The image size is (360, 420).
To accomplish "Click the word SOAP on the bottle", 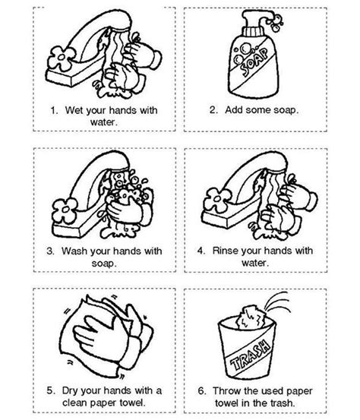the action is click(254, 62).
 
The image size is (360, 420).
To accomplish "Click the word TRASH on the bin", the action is click(251, 355).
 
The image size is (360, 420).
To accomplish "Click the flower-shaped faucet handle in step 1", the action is click(62, 58).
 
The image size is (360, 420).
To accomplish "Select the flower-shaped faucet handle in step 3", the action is click(65, 210).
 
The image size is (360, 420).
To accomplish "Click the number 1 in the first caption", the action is click(54, 110).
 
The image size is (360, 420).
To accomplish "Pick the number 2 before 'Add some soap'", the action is click(213, 110).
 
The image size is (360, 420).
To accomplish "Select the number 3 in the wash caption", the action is click(50, 251).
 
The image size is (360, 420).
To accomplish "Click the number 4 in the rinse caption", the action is click(201, 251).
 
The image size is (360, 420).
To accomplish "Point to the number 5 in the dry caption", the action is click(51, 390).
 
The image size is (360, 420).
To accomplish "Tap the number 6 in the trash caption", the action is click(202, 391).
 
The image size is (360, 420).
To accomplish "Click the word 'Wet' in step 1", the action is click(74, 110).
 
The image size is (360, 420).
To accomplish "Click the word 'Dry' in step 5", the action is click(70, 391).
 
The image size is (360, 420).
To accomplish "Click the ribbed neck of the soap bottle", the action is click(254, 32).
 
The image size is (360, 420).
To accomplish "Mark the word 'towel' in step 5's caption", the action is click(133, 403).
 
